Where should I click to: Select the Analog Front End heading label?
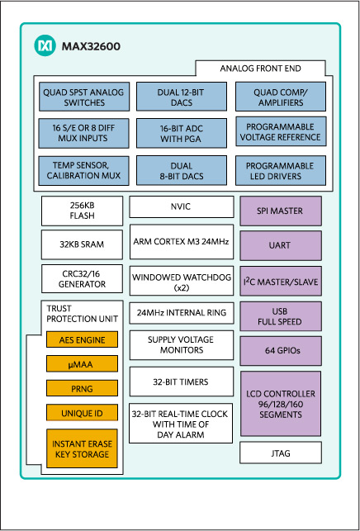pyautogui.click(x=266, y=68)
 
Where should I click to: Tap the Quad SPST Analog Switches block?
pyautogui.click(x=83, y=97)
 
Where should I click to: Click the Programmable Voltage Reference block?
pyautogui.click(x=281, y=132)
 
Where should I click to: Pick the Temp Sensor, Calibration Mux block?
pyautogui.click(x=83, y=169)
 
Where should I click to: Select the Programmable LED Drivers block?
pyautogui.click(x=281, y=169)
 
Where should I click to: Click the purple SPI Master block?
pyautogui.click(x=281, y=211)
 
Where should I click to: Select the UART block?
pyautogui.click(x=281, y=246)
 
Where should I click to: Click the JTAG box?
pyautogui.click(x=281, y=453)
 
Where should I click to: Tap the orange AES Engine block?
pyautogui.click(x=83, y=339)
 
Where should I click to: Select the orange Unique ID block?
pyautogui.click(x=83, y=411)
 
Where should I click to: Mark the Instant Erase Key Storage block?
pyautogui.click(x=83, y=448)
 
